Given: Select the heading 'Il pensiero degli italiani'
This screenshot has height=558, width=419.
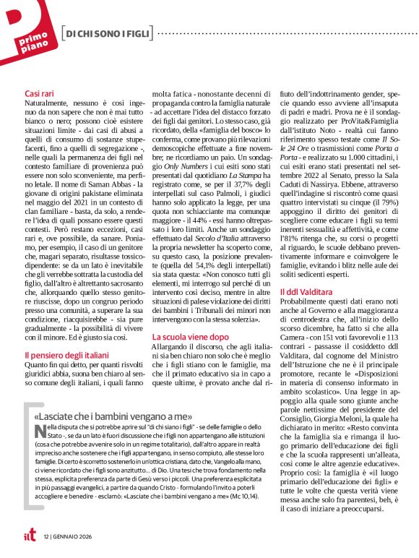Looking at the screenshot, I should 66,355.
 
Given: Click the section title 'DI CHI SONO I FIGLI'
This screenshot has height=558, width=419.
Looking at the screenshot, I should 108,34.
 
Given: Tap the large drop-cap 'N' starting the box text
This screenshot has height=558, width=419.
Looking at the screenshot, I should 38,432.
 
